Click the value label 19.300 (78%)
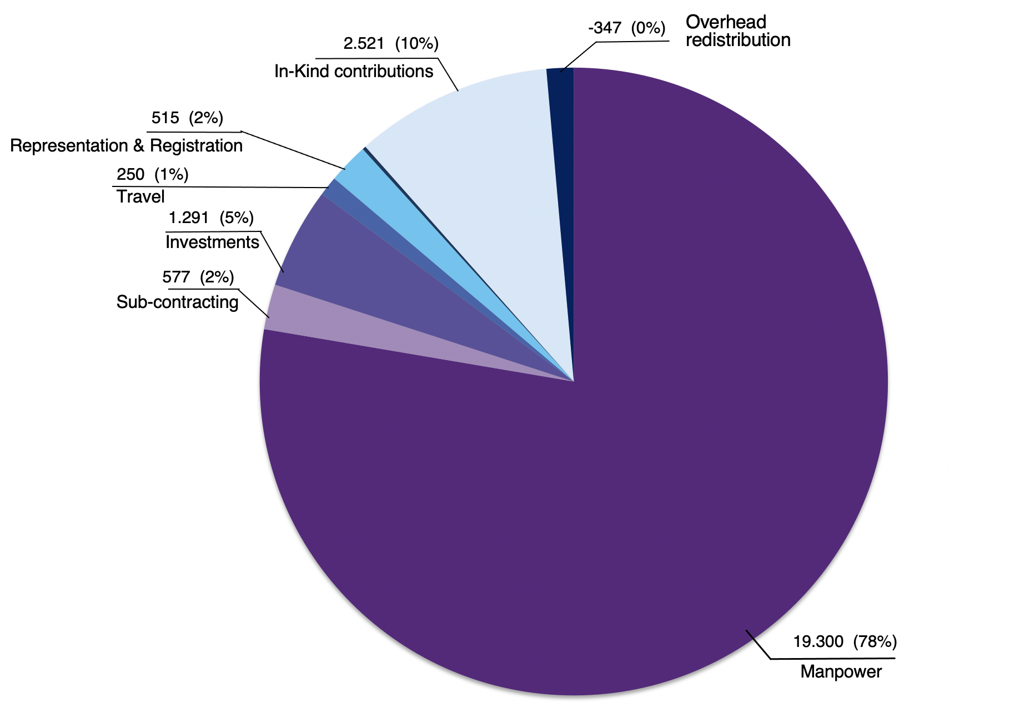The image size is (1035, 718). tap(845, 642)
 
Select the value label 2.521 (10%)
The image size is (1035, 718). tap(391, 43)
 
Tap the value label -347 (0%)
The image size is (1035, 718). tap(626, 28)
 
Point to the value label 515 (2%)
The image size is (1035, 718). tap(187, 118)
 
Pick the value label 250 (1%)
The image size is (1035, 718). tap(153, 175)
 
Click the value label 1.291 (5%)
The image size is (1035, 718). tap(211, 218)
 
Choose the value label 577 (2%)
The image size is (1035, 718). tap(198, 277)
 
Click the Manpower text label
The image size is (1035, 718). tap(841, 672)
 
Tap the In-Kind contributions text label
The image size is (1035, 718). tap(354, 72)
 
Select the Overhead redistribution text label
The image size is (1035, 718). tap(737, 31)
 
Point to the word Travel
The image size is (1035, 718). tap(140, 197)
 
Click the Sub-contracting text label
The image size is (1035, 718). tap(177, 302)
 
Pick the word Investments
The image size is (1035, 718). tap(212, 242)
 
